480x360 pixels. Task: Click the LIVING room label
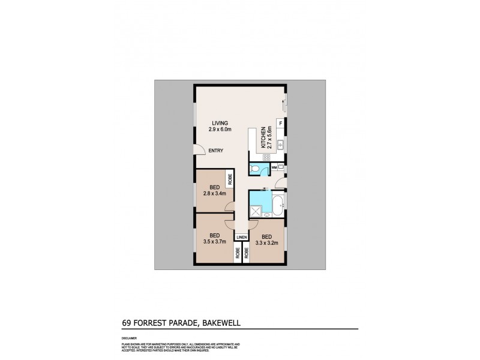[x=211, y=123]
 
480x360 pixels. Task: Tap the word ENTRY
[x=215, y=151]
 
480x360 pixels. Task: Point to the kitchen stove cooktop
[x=266, y=157]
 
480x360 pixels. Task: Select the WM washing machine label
[x=274, y=166]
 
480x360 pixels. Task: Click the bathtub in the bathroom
[x=278, y=204]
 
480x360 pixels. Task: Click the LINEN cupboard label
[x=241, y=237]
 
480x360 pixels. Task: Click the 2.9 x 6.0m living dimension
[x=211, y=130]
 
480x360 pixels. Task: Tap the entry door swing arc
[x=197, y=151]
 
